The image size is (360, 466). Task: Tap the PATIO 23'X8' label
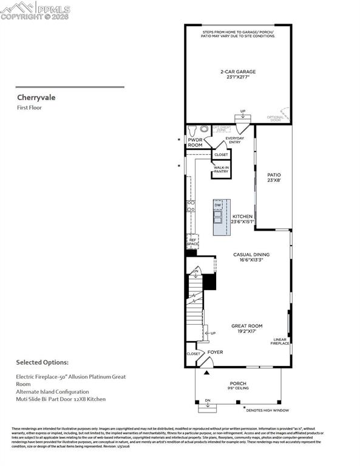coord(274,178)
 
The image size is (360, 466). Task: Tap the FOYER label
coord(215,352)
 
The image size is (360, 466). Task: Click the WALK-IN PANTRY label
coord(221,169)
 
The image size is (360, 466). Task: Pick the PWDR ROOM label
coord(195,143)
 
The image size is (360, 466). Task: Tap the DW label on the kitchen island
coord(217,205)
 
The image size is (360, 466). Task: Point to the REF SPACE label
coord(192,241)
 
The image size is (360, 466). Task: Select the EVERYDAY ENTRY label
coord(234,140)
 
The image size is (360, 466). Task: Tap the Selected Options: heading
coord(42,362)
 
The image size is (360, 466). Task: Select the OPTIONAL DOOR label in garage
coord(276,118)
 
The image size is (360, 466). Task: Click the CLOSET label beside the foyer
coord(193,353)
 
